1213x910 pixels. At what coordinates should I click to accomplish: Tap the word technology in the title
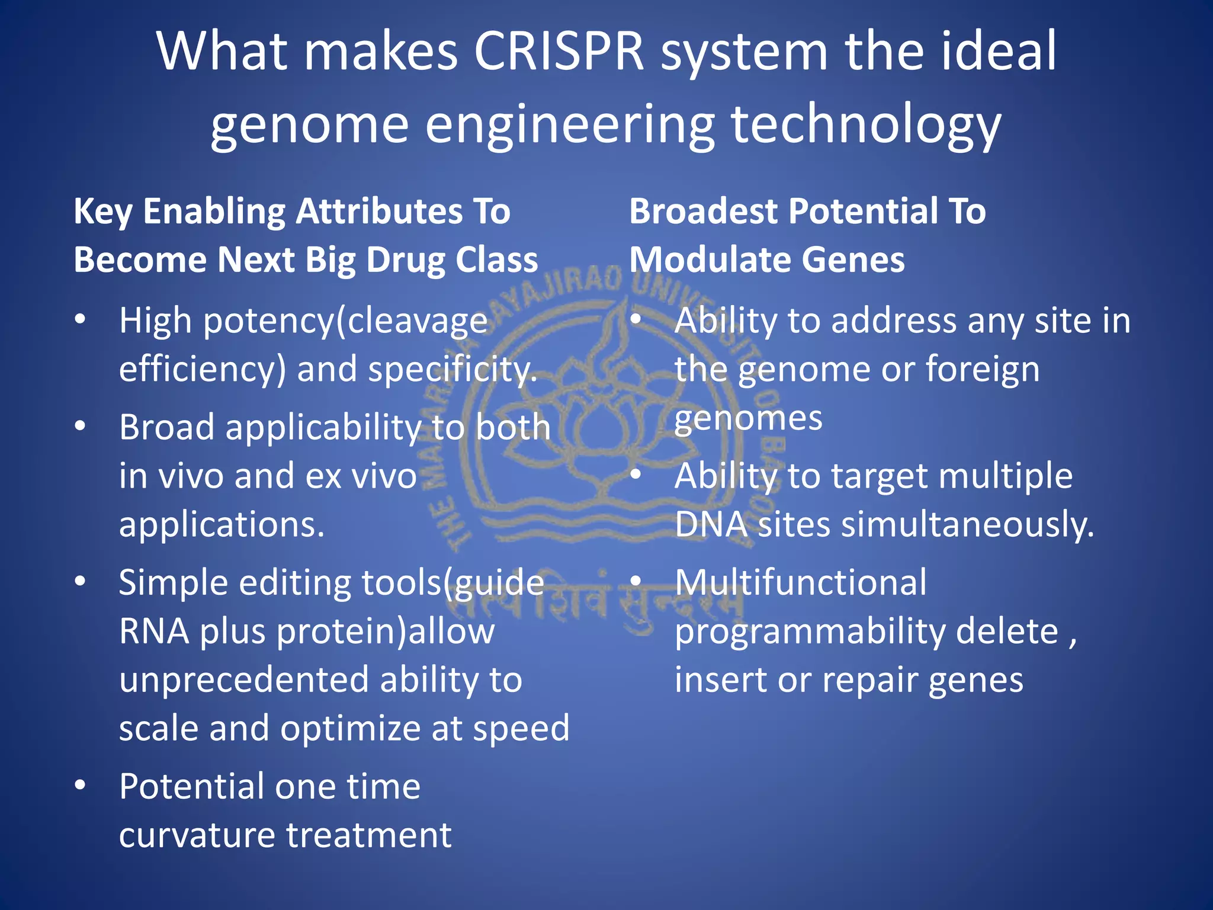coord(866,126)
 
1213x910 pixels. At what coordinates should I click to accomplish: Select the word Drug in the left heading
coord(405,260)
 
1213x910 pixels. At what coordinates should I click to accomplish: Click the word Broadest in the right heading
coord(703,211)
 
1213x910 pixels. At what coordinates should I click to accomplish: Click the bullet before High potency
coord(81,321)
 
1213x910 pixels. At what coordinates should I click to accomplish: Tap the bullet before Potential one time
coord(81,786)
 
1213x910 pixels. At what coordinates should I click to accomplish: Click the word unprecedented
coord(243,680)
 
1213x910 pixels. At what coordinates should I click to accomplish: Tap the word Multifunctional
coord(801,583)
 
